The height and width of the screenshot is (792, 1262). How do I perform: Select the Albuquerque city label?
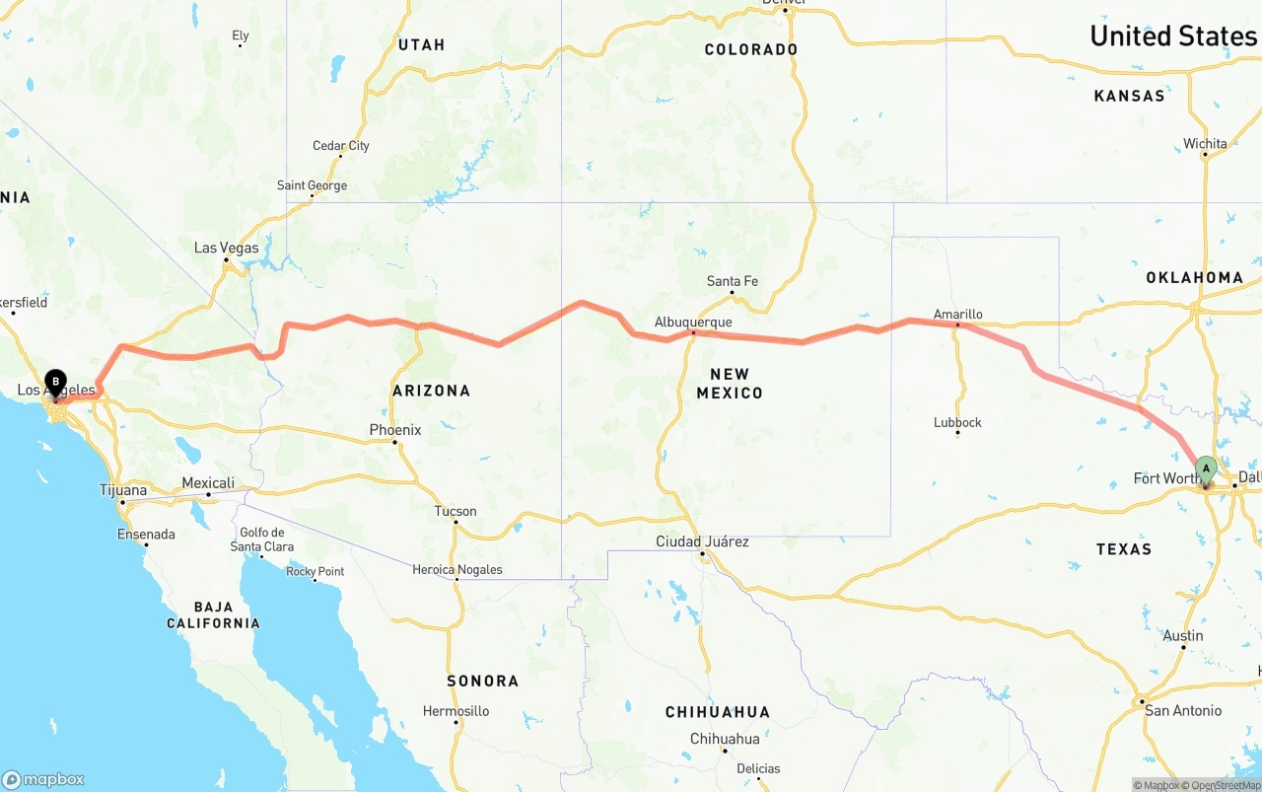coord(693,322)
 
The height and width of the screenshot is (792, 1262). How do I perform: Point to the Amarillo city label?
coord(958,314)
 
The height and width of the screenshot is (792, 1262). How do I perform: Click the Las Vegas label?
coord(226,248)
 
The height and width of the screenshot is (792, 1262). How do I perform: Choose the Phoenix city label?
coord(394,430)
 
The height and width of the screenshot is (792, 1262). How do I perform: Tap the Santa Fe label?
coord(732,281)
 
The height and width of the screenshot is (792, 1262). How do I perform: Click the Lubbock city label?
coord(957,422)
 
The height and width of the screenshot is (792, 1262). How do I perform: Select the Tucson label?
coord(456,511)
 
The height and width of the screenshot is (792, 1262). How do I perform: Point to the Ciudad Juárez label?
coord(702,541)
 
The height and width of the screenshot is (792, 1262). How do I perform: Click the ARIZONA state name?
coord(431,391)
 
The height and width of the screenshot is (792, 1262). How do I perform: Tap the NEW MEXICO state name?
coord(730,383)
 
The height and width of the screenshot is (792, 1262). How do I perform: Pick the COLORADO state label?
coord(750,49)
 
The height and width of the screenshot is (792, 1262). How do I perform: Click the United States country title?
coord(1172,36)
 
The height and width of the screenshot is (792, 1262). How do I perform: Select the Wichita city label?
coord(1205,143)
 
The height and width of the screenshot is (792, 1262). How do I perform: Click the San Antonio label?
coord(1182,710)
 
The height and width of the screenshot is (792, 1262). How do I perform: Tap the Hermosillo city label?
coord(456,710)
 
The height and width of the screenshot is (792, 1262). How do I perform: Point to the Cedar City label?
coord(341,146)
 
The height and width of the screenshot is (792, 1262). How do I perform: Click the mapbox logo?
coord(43,779)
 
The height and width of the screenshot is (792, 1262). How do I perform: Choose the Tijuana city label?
coord(123,490)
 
